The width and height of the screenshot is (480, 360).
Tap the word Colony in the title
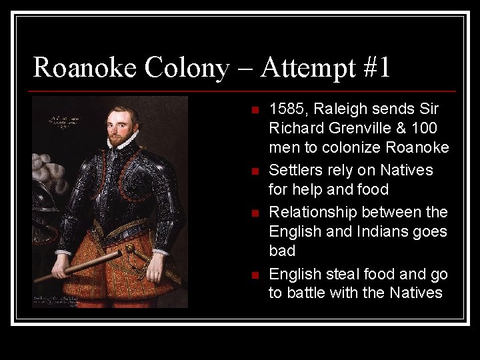pyautogui.click(x=183, y=68)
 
